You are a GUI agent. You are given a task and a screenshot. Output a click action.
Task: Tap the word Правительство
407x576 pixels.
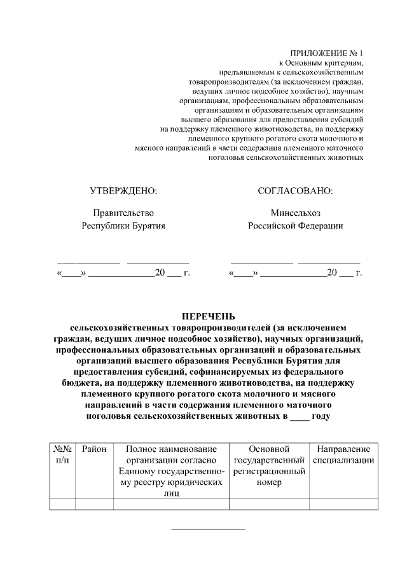click(123, 213)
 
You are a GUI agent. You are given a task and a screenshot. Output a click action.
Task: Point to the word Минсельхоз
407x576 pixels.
click(295, 213)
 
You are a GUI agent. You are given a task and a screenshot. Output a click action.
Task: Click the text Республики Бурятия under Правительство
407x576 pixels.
click(123, 226)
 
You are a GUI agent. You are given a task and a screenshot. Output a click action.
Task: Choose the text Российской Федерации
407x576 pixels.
click(295, 226)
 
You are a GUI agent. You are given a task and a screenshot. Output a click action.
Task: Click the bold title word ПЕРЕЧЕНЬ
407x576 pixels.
click(209, 316)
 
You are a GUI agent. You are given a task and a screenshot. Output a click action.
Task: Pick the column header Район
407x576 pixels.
click(94, 449)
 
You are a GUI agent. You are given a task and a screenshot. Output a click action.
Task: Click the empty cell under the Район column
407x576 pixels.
click(94, 505)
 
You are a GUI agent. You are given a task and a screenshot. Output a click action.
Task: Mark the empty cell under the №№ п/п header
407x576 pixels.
click(62, 505)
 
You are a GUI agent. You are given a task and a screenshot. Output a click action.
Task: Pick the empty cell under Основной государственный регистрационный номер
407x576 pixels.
click(269, 505)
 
